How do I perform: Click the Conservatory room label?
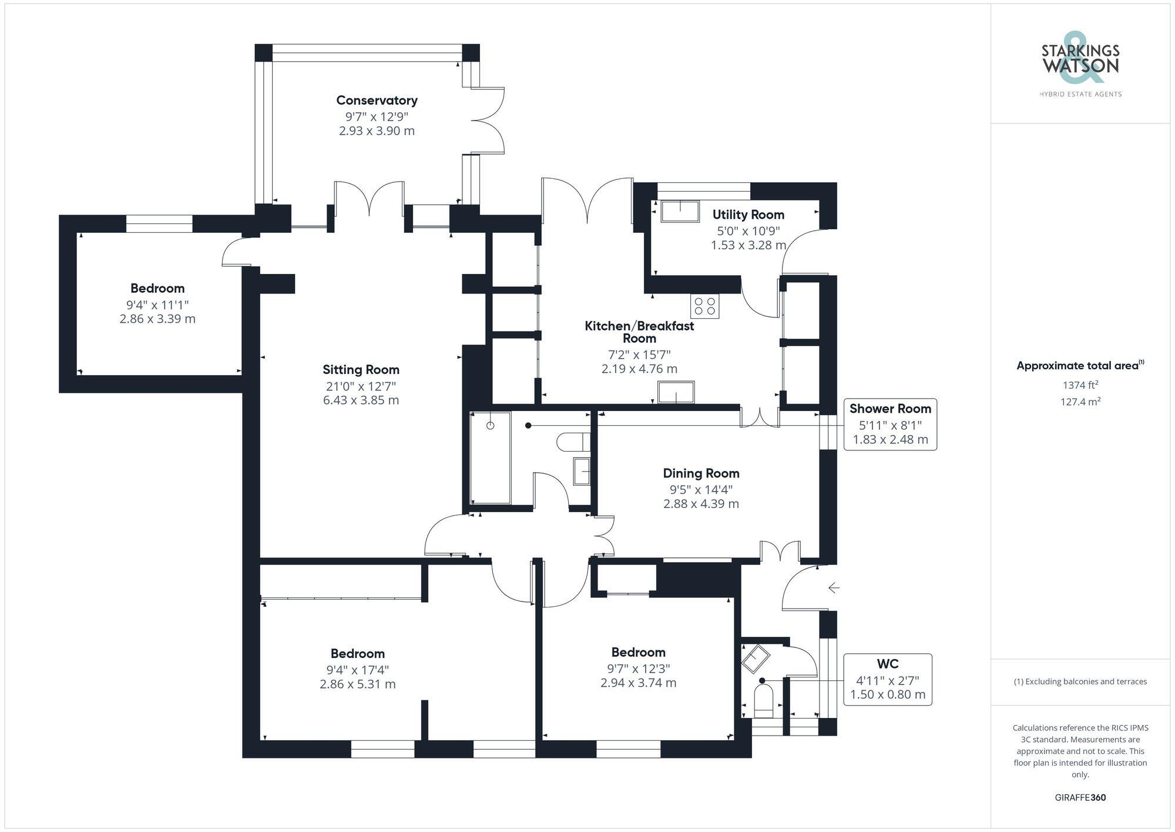point(377,101)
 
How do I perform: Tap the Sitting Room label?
point(361,370)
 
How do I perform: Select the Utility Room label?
point(748,215)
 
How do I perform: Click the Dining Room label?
point(701,473)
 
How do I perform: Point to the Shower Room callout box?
point(889,425)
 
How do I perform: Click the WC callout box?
point(887,679)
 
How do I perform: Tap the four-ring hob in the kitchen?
point(705,306)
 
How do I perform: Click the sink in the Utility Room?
point(680,211)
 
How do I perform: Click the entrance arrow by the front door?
point(834,587)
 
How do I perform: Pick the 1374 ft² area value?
point(1080,386)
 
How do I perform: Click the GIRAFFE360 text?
point(1080,798)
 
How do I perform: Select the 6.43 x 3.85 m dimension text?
point(361,400)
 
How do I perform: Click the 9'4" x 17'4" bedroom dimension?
point(357,670)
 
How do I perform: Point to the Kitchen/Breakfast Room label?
point(639,332)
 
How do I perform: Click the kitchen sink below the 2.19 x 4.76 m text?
point(676,392)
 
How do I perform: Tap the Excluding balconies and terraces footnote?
point(1080,682)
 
